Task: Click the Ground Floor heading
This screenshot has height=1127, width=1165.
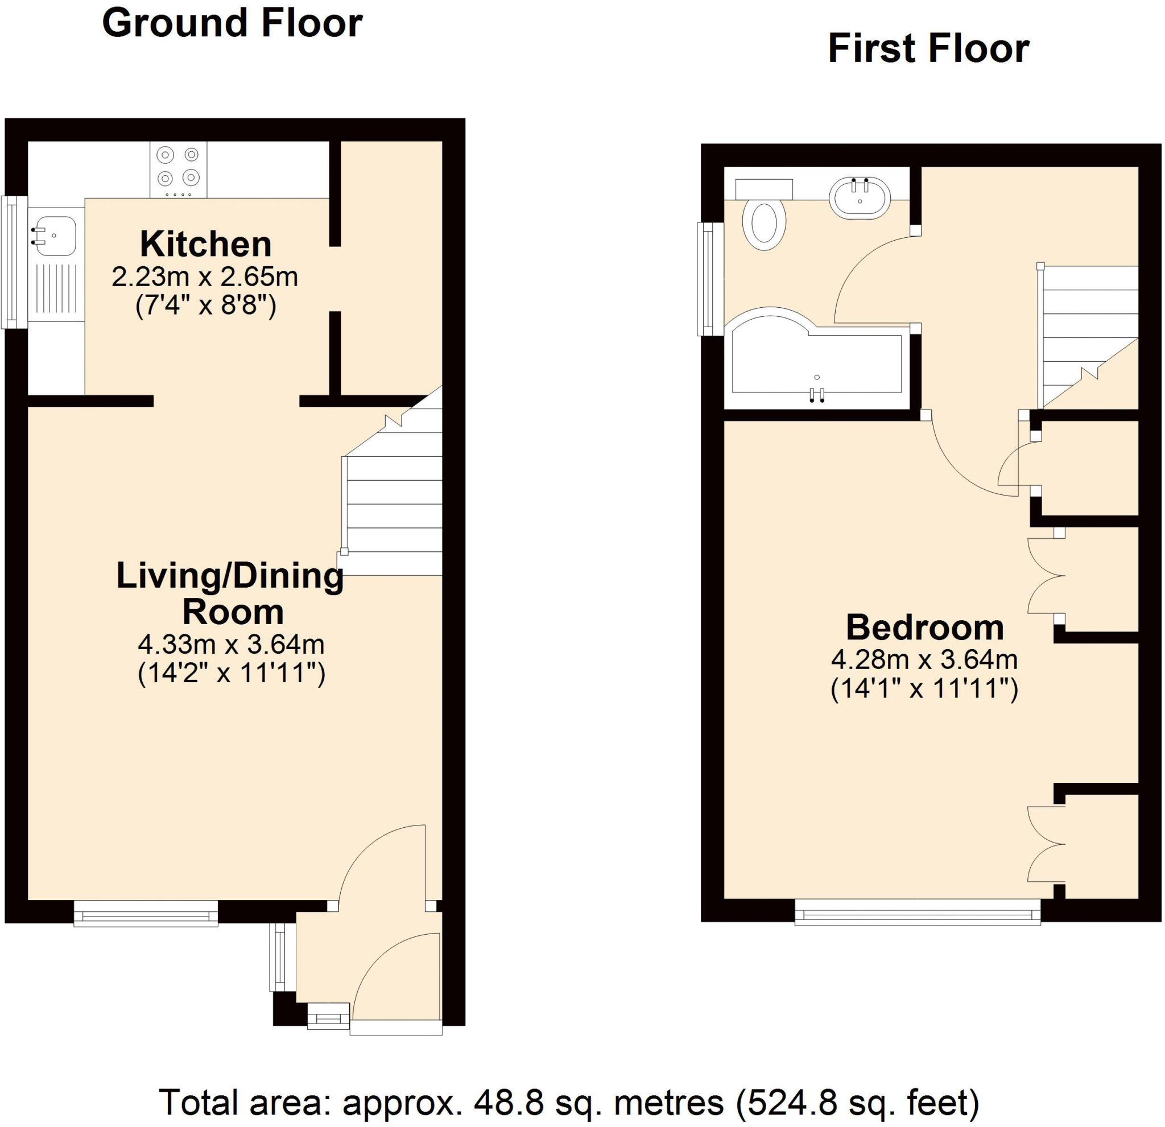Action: (232, 24)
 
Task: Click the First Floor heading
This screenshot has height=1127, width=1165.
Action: (928, 49)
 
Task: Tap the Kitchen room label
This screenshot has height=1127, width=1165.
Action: (206, 244)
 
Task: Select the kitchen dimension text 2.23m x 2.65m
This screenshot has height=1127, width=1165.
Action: (205, 277)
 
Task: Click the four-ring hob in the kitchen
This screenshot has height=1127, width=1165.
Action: (177, 169)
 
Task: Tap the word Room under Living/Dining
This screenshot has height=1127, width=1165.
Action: (233, 612)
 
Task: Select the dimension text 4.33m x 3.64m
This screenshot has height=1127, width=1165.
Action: (231, 645)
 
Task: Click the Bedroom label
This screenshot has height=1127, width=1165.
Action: (925, 628)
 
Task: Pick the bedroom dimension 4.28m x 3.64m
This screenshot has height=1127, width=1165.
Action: (924, 660)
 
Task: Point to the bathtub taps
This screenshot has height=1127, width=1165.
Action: (817, 395)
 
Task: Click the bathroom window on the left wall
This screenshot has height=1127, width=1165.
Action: (709, 278)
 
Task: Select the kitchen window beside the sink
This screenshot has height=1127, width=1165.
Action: (12, 262)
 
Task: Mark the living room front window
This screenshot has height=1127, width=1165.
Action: (146, 914)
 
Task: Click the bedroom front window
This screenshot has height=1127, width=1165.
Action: (918, 913)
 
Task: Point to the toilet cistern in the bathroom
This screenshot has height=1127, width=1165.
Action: (764, 189)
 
